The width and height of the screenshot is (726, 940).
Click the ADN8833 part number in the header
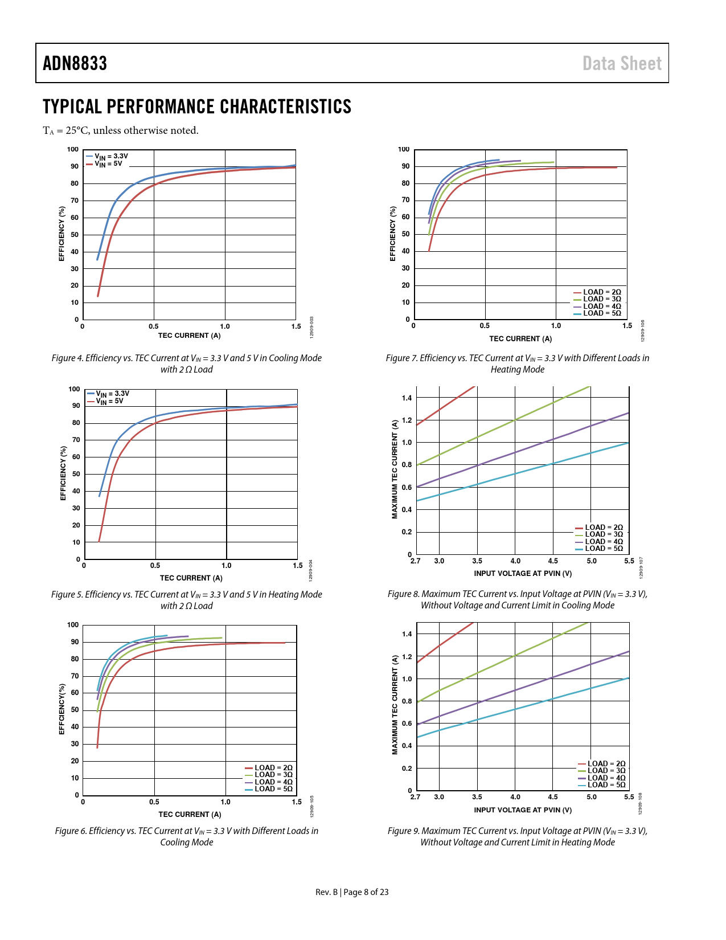click(75, 63)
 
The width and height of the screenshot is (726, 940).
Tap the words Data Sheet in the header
click(622, 63)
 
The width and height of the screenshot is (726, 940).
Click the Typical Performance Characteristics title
click(197, 107)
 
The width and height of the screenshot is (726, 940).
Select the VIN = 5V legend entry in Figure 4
click(108, 164)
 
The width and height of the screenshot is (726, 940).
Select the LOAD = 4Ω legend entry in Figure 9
click(606, 778)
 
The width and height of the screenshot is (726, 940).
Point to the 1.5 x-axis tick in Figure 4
click(296, 326)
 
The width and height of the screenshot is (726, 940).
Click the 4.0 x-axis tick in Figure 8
click(515, 561)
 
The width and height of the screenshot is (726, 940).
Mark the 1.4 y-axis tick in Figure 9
click(407, 634)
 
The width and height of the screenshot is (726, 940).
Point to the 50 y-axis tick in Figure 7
click(405, 234)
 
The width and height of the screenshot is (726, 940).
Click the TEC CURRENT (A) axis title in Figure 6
click(190, 815)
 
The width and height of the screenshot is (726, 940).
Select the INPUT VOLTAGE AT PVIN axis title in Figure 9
click(523, 810)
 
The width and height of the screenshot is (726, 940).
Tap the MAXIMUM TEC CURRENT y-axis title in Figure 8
click(395, 469)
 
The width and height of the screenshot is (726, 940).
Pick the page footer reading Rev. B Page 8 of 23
click(352, 892)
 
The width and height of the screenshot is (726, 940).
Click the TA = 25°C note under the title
click(121, 130)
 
